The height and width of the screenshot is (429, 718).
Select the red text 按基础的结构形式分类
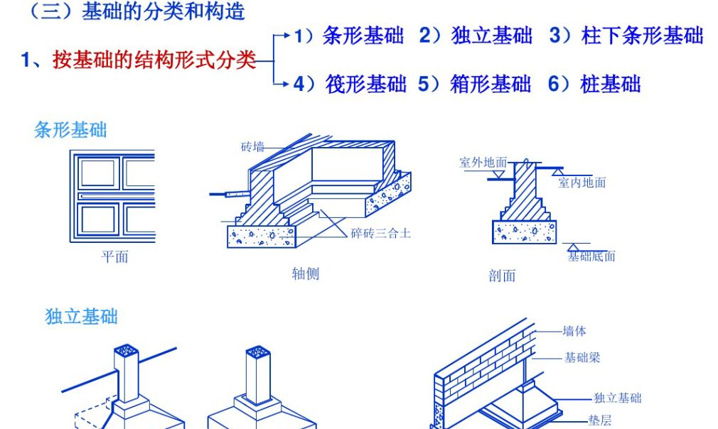[x=154, y=60]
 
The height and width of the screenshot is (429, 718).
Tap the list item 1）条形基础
[x=349, y=36]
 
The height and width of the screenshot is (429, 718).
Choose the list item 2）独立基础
[x=476, y=36]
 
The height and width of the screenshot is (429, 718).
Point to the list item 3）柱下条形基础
[x=626, y=36]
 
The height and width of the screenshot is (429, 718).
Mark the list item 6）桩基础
[x=594, y=84]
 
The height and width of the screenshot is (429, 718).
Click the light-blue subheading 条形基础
[x=70, y=130]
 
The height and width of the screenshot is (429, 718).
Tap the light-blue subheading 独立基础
[x=81, y=317]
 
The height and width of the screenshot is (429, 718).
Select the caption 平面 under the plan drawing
[x=114, y=256]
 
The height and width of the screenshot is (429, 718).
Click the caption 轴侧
[x=306, y=274]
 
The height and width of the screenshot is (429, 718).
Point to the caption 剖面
[x=502, y=276]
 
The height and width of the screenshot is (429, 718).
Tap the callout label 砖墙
[x=252, y=147]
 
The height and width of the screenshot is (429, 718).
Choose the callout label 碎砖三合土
[x=380, y=233]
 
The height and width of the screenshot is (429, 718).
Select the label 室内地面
[x=582, y=183]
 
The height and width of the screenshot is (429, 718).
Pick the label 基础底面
[x=591, y=256]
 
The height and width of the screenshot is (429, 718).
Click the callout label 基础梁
[x=582, y=357]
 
